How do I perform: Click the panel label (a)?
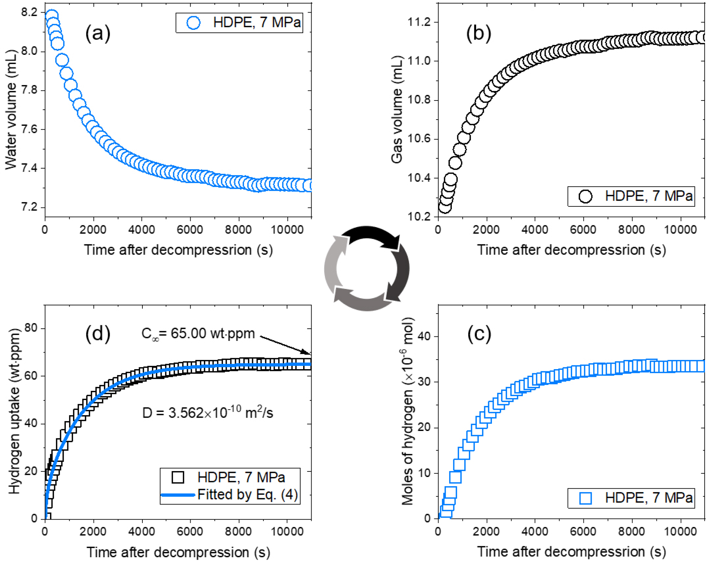pyautogui.click(x=98, y=33)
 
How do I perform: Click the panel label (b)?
pyautogui.click(x=478, y=33)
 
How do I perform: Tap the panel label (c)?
pyautogui.click(x=479, y=334)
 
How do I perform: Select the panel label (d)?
pyautogui.click(x=98, y=334)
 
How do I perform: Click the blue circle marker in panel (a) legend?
pyautogui.click(x=193, y=23)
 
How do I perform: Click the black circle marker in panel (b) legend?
pyautogui.click(x=585, y=196)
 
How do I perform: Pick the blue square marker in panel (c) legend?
pyautogui.click(x=585, y=498)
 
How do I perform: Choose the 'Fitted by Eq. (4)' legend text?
pyautogui.click(x=247, y=495)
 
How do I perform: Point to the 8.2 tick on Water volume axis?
pyautogui.click(x=29, y=13)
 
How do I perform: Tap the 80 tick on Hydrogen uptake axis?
pyautogui.click(x=31, y=328)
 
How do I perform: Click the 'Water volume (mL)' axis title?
pyautogui.click(x=11, y=110)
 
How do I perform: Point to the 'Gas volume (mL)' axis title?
pyautogui.click(x=397, y=110)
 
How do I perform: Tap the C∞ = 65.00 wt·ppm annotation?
pyautogui.click(x=198, y=333)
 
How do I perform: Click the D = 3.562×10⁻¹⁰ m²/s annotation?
pyautogui.click(x=208, y=413)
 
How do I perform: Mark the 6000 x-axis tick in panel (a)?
pyautogui.click(x=190, y=230)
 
